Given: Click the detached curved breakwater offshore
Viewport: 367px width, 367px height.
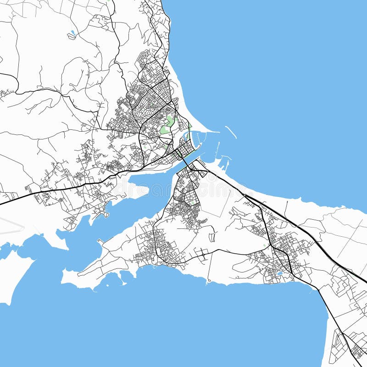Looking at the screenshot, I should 231,132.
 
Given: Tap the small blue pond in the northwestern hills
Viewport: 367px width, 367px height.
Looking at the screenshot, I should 72,33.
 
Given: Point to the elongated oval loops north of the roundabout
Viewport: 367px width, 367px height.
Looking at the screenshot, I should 212,237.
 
